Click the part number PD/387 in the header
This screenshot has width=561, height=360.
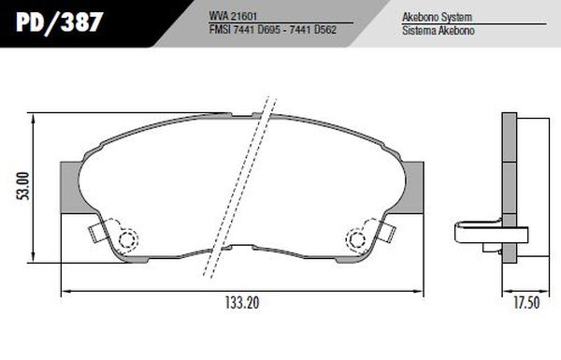(x=60, y=22)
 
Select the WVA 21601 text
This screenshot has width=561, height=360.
(x=233, y=16)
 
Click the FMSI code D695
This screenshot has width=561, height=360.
(x=268, y=30)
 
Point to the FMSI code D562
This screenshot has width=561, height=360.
(x=325, y=30)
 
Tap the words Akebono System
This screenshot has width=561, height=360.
(x=437, y=17)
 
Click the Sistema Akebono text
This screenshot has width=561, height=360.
(x=439, y=31)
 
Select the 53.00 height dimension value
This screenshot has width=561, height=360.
(x=23, y=186)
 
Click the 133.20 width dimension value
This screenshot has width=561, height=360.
(x=242, y=303)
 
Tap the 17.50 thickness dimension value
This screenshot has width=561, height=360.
(x=526, y=303)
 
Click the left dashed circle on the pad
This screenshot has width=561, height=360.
(x=128, y=238)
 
